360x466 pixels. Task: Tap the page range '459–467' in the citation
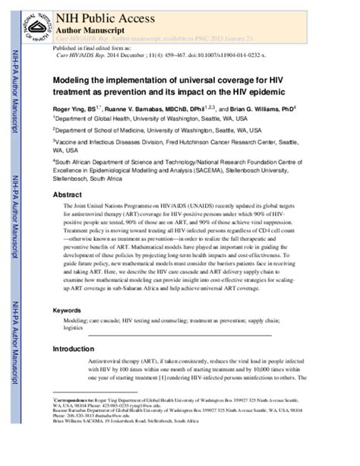(163, 56)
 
